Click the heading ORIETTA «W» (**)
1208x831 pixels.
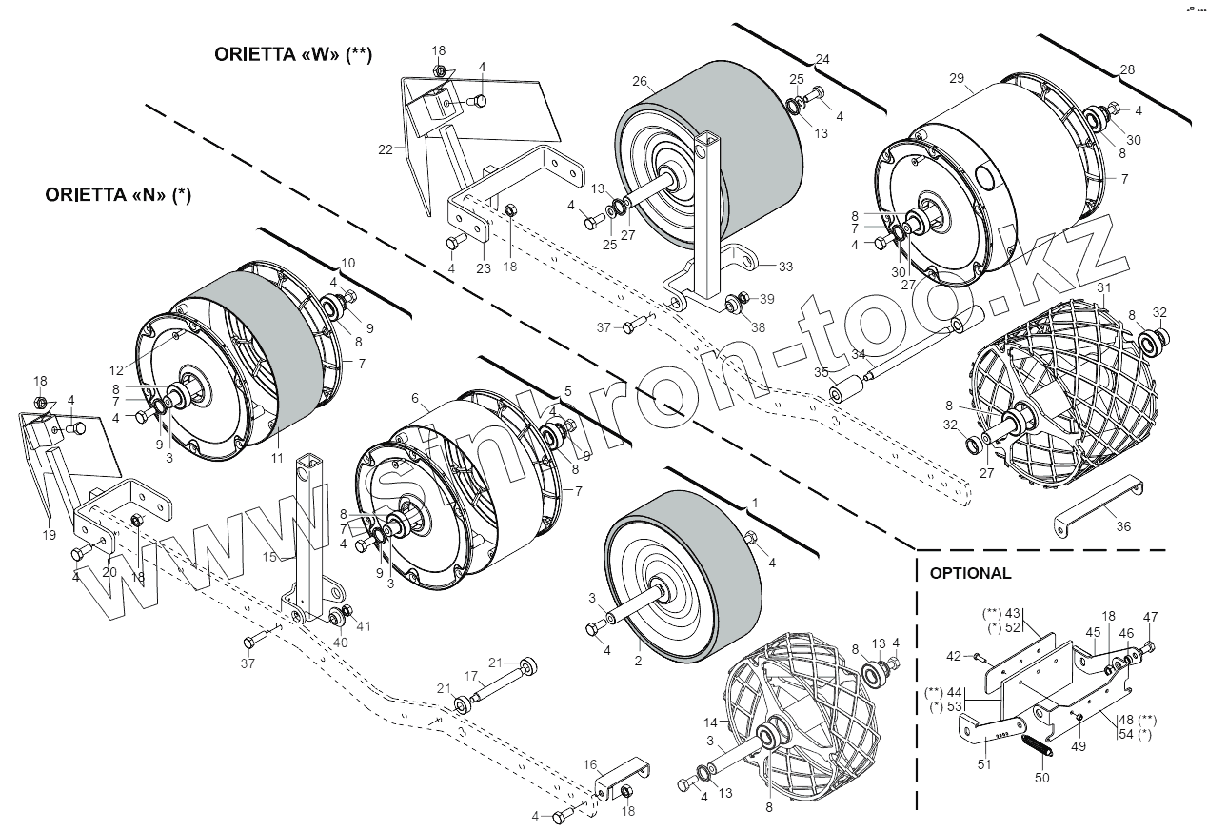pos(293,54)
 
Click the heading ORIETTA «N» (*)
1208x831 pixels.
pos(119,195)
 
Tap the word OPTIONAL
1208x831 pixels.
pos(970,573)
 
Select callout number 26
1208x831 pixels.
pos(639,82)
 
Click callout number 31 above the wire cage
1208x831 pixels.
pos(1104,287)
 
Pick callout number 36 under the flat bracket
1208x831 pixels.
pos(1123,526)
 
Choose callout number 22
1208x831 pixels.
pos(385,149)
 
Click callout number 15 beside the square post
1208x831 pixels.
pos(269,556)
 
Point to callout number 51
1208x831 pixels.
pos(984,763)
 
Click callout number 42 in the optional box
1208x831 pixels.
pos(955,656)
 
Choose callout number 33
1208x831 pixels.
pos(785,266)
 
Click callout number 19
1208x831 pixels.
pos(50,535)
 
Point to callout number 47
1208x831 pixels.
pos(1150,617)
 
